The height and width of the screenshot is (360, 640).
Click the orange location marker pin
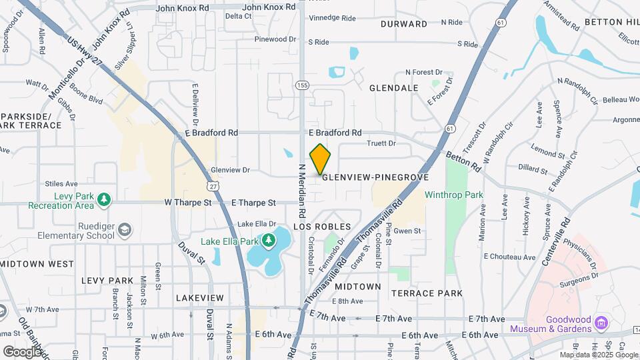320,159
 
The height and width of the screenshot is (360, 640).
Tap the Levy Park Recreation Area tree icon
103,199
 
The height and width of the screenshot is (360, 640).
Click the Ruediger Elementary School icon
124,231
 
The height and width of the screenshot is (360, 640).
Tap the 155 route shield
303,85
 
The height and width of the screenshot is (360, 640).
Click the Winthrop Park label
453,195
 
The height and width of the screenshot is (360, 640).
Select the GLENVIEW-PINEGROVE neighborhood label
375,178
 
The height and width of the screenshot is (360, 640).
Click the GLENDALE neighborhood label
393,88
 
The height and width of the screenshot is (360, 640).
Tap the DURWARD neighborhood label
403,24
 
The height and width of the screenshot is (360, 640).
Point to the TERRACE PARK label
427,293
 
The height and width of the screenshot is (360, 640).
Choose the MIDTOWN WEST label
37,264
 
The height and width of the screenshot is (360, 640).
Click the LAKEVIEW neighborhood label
200,297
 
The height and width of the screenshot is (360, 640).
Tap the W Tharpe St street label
189,203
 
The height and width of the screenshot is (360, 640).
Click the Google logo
22,351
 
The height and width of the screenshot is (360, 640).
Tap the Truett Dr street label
381,143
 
